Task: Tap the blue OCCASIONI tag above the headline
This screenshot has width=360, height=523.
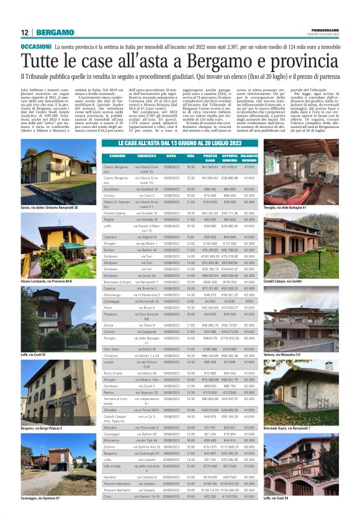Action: (x=36, y=47)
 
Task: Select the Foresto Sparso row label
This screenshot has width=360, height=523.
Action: (x=115, y=213)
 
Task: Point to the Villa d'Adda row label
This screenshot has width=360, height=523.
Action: (x=112, y=465)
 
